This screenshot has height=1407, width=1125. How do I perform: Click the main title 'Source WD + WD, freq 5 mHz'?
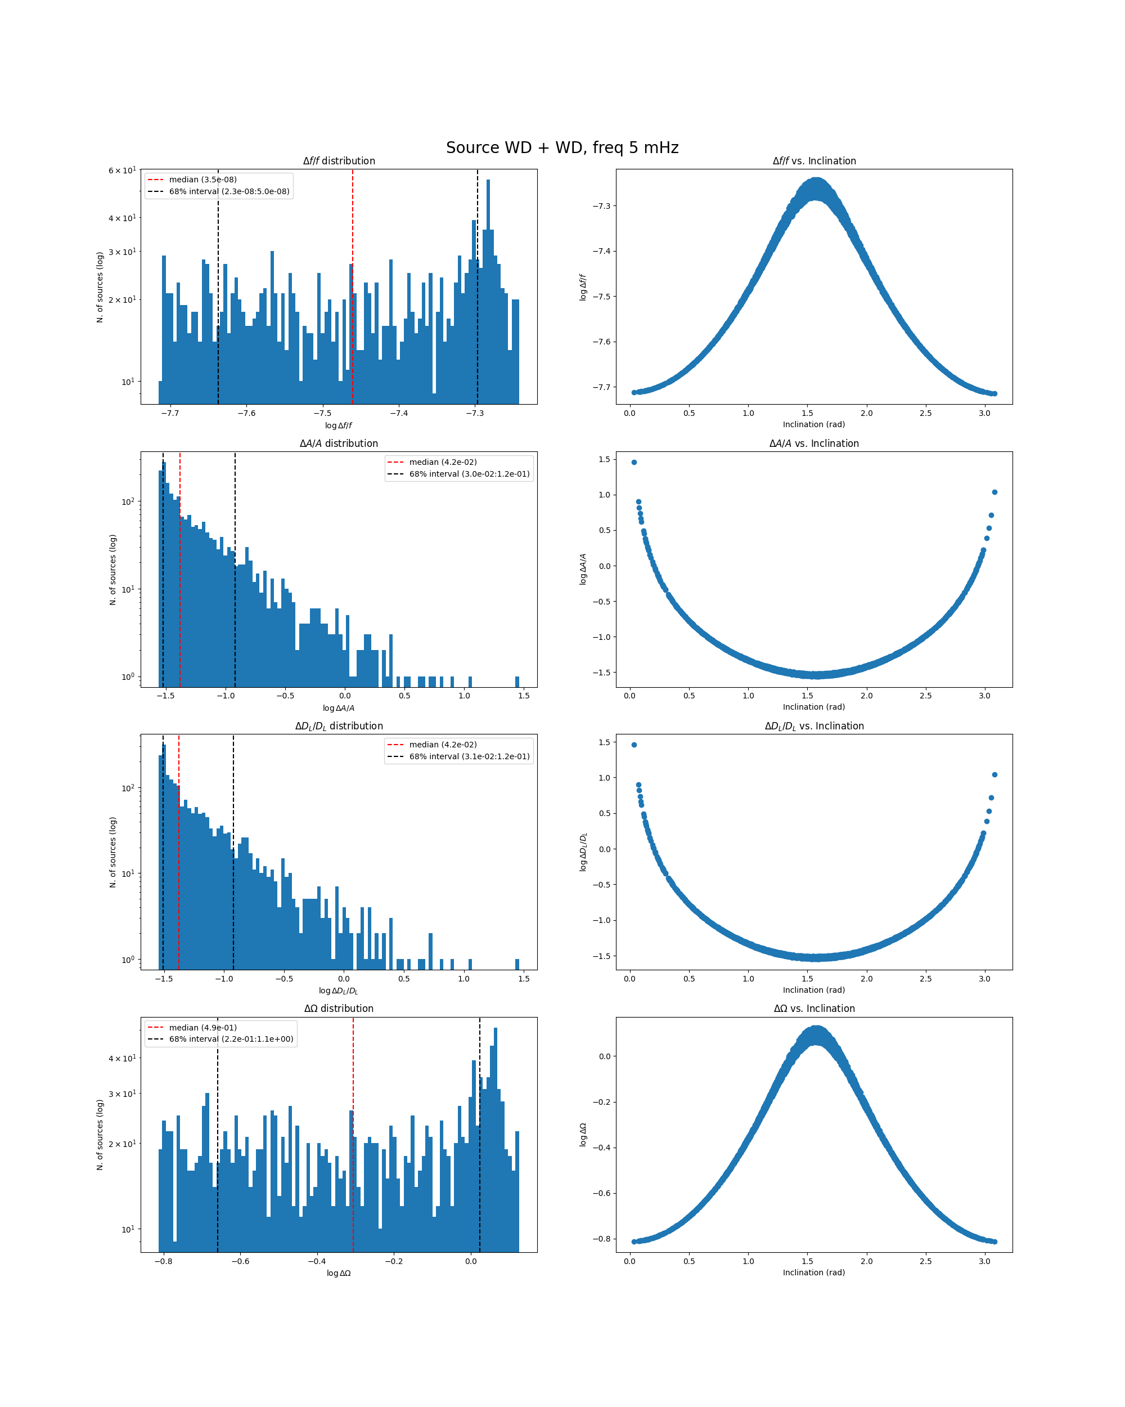[x=562, y=147]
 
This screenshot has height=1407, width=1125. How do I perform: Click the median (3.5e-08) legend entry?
[x=202, y=180]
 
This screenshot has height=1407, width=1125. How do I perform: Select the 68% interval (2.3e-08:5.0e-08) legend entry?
[x=229, y=191]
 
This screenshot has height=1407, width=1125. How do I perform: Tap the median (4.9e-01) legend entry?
[x=202, y=1027]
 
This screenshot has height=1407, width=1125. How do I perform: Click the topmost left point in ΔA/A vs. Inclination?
[x=634, y=462]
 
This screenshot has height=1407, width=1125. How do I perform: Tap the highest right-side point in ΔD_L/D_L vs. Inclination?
[x=994, y=774]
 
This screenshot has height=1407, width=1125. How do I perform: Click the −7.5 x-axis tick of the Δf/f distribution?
[x=323, y=413]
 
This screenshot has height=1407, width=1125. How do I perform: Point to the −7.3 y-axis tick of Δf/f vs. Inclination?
[x=601, y=206]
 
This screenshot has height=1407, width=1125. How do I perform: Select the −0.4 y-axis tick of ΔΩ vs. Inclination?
[x=601, y=1147]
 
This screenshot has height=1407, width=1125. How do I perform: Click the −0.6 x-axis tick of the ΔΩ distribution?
[x=240, y=1261]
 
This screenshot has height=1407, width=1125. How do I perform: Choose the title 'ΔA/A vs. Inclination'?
[x=814, y=443]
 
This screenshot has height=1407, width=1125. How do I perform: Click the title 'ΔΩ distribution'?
[x=339, y=1009]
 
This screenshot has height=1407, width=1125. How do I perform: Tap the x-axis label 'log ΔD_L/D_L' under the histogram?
[x=339, y=991]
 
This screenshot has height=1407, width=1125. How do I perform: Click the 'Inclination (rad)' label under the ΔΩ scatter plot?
[x=814, y=1272]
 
